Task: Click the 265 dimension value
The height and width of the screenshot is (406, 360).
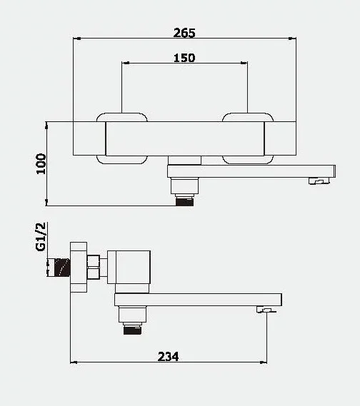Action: point(184,33)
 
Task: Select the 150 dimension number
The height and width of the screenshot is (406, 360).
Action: point(184,58)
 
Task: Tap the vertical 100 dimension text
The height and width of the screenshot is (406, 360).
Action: point(41,163)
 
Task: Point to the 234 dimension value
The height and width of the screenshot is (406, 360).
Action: point(168,355)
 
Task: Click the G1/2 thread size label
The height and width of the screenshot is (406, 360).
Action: point(41,236)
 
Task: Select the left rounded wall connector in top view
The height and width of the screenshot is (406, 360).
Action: point(122,137)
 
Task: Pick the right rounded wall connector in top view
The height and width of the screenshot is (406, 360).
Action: point(247,137)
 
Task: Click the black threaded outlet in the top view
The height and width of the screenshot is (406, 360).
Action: point(186,201)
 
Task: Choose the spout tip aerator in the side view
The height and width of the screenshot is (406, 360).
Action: point(266,310)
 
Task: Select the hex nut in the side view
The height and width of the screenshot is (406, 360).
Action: point(92,268)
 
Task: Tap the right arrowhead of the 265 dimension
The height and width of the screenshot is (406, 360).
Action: point(294,39)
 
